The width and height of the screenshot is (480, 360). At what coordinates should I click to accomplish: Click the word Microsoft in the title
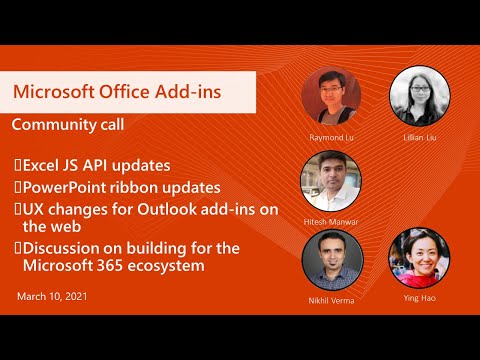click(x=54, y=92)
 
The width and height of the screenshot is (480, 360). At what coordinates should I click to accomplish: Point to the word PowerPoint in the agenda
click(x=69, y=187)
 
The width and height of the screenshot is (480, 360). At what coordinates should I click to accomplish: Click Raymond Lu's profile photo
click(x=331, y=96)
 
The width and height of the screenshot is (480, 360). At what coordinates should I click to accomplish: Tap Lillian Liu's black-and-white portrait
click(x=418, y=96)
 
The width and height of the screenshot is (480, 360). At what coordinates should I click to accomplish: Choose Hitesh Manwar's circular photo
click(x=331, y=180)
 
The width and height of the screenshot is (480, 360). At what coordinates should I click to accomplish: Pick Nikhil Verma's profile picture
click(x=331, y=260)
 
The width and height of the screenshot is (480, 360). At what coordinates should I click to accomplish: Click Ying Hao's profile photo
click(x=418, y=260)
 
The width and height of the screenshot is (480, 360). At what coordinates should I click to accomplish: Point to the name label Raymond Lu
click(x=331, y=135)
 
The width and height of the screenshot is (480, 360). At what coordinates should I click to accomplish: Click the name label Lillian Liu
click(x=418, y=135)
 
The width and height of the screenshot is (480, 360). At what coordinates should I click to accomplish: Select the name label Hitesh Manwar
click(x=331, y=219)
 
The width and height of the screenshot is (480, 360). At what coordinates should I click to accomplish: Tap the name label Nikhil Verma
click(x=331, y=298)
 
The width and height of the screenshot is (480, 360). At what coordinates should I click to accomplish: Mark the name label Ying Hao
click(x=418, y=298)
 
